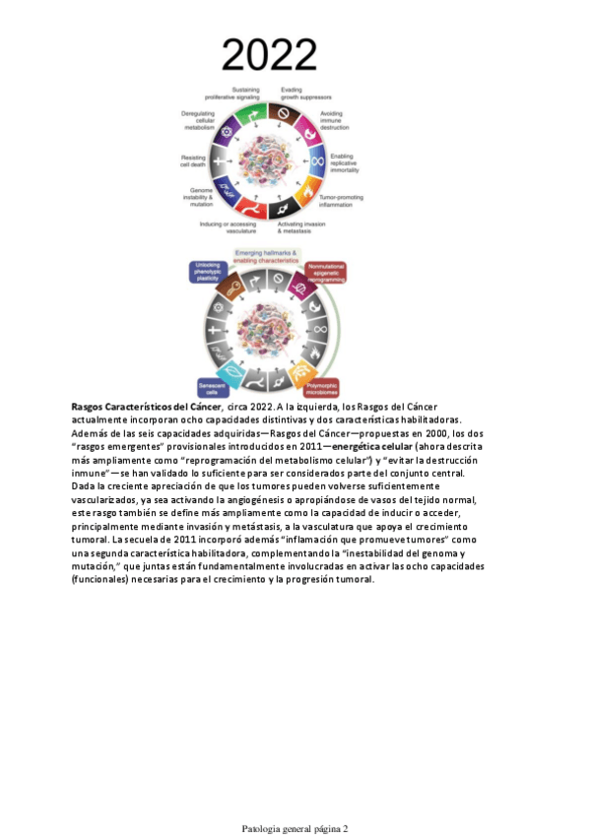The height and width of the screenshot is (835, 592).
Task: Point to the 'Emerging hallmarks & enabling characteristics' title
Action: pos(275,257)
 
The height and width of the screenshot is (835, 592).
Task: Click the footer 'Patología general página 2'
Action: pos(296,828)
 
